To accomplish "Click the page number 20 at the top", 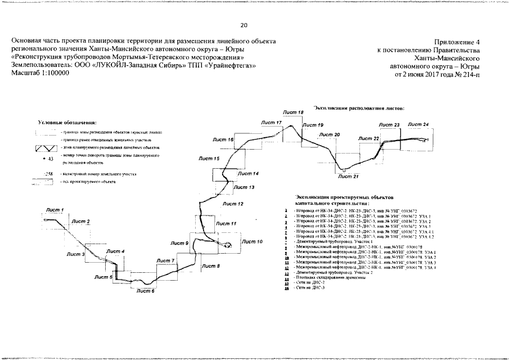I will tap(244, 25).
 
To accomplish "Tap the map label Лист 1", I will tap(55, 210).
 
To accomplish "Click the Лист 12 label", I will tap(233, 204).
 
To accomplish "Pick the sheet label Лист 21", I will tap(348, 176).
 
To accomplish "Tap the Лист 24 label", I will tap(418, 124).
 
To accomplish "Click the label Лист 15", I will tap(209, 159).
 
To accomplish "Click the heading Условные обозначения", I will tap(67, 122).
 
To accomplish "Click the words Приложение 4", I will tap(457, 42).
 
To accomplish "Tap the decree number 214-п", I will tap(469, 74).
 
